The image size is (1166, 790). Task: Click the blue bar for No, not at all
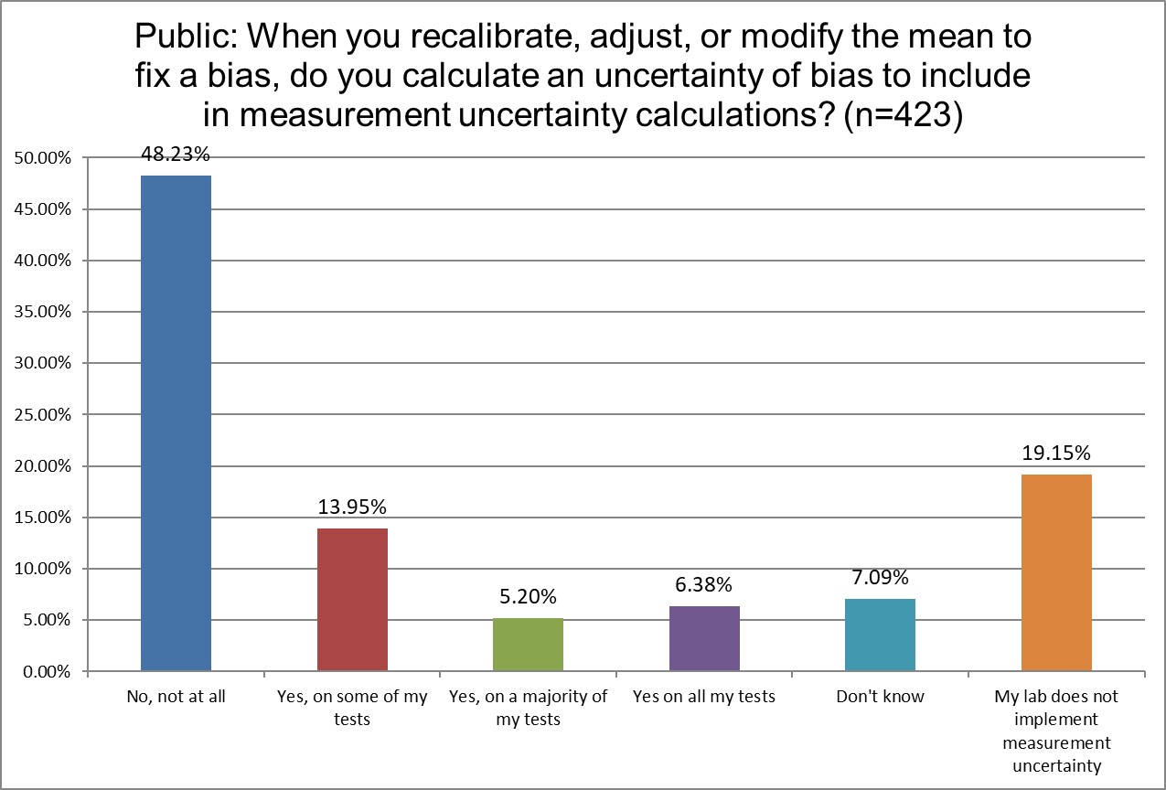tap(176, 423)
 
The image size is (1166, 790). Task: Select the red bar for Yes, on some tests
tap(352, 600)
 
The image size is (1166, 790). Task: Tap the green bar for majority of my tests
tap(528, 645)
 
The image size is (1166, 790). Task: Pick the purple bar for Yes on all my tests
tap(704, 638)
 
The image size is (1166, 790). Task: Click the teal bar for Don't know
tap(880, 635)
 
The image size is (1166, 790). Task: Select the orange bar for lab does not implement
tap(1056, 572)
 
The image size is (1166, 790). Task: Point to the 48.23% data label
tap(176, 155)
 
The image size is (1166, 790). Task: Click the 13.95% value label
tap(352, 507)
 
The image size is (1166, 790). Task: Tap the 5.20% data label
tap(528, 597)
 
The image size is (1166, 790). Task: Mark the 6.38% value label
tap(704, 585)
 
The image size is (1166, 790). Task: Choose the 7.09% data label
tap(880, 578)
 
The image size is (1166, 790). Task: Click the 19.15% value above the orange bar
tap(1056, 454)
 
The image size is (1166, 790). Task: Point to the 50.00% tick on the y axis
tap(44, 158)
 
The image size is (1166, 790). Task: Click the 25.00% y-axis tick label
tap(44, 414)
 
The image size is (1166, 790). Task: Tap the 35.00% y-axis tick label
tap(44, 312)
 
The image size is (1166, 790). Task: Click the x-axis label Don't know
tap(880, 697)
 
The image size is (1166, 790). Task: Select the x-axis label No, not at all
tap(176, 697)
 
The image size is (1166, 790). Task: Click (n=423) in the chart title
tap(901, 117)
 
